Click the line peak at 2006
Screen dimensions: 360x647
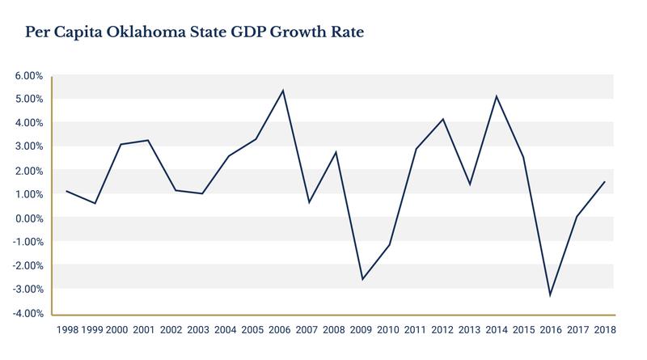pyautogui.click(x=282, y=90)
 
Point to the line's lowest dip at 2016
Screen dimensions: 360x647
pyautogui.click(x=550, y=295)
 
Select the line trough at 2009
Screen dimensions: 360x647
pyautogui.click(x=362, y=280)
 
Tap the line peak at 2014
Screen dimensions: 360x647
pyautogui.click(x=496, y=96)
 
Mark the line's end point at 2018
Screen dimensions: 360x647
pyautogui.click(x=603, y=181)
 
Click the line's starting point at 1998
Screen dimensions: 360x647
pyautogui.click(x=67, y=191)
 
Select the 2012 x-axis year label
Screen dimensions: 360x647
pyautogui.click(x=442, y=331)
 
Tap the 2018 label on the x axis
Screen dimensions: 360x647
pyautogui.click(x=604, y=331)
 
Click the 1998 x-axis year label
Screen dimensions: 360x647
pyautogui.click(x=67, y=331)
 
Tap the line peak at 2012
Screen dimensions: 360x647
pyautogui.click(x=442, y=119)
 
